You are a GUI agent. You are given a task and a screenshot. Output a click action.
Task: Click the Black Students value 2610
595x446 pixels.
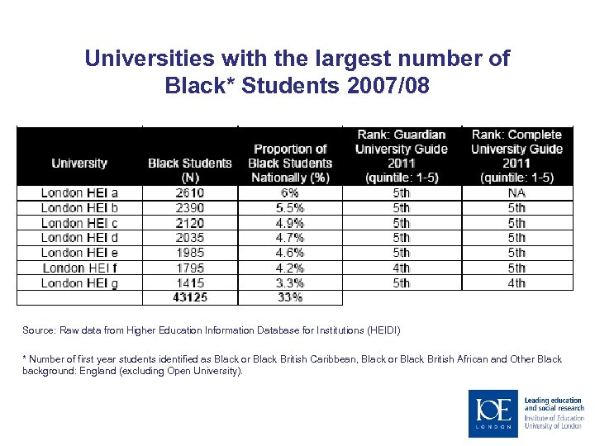tap(190, 193)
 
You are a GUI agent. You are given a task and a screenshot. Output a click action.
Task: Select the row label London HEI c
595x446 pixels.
tap(79, 223)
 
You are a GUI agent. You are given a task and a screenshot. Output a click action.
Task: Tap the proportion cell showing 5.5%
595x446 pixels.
tap(290, 208)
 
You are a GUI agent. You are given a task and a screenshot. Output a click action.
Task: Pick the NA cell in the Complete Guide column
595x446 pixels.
tap(516, 193)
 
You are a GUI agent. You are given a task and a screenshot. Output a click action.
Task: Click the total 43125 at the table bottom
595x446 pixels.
tap(190, 297)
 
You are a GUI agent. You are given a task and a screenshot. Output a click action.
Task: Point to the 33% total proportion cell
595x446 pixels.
tap(290, 297)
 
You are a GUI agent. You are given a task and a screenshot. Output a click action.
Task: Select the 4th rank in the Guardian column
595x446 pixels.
tap(401, 268)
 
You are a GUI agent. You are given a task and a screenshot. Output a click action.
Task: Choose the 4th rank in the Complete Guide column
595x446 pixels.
tap(516, 282)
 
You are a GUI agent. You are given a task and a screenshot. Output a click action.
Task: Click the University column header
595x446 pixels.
tap(79, 163)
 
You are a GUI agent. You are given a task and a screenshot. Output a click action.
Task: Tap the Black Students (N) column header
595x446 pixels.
tap(190, 169)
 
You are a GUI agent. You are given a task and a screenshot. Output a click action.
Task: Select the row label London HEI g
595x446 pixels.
tap(79, 282)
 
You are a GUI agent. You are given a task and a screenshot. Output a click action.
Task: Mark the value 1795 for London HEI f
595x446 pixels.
tap(190, 268)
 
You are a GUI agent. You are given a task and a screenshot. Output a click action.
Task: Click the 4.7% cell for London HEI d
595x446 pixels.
tap(290, 238)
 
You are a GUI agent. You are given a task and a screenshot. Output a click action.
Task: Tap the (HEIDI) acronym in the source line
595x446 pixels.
tap(382, 330)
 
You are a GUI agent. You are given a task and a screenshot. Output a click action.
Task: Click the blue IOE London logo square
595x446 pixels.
tap(493, 413)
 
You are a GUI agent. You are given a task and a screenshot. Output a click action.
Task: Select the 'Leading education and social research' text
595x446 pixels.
tap(554, 404)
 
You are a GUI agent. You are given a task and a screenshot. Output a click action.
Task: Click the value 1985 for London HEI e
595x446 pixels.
tap(190, 253)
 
